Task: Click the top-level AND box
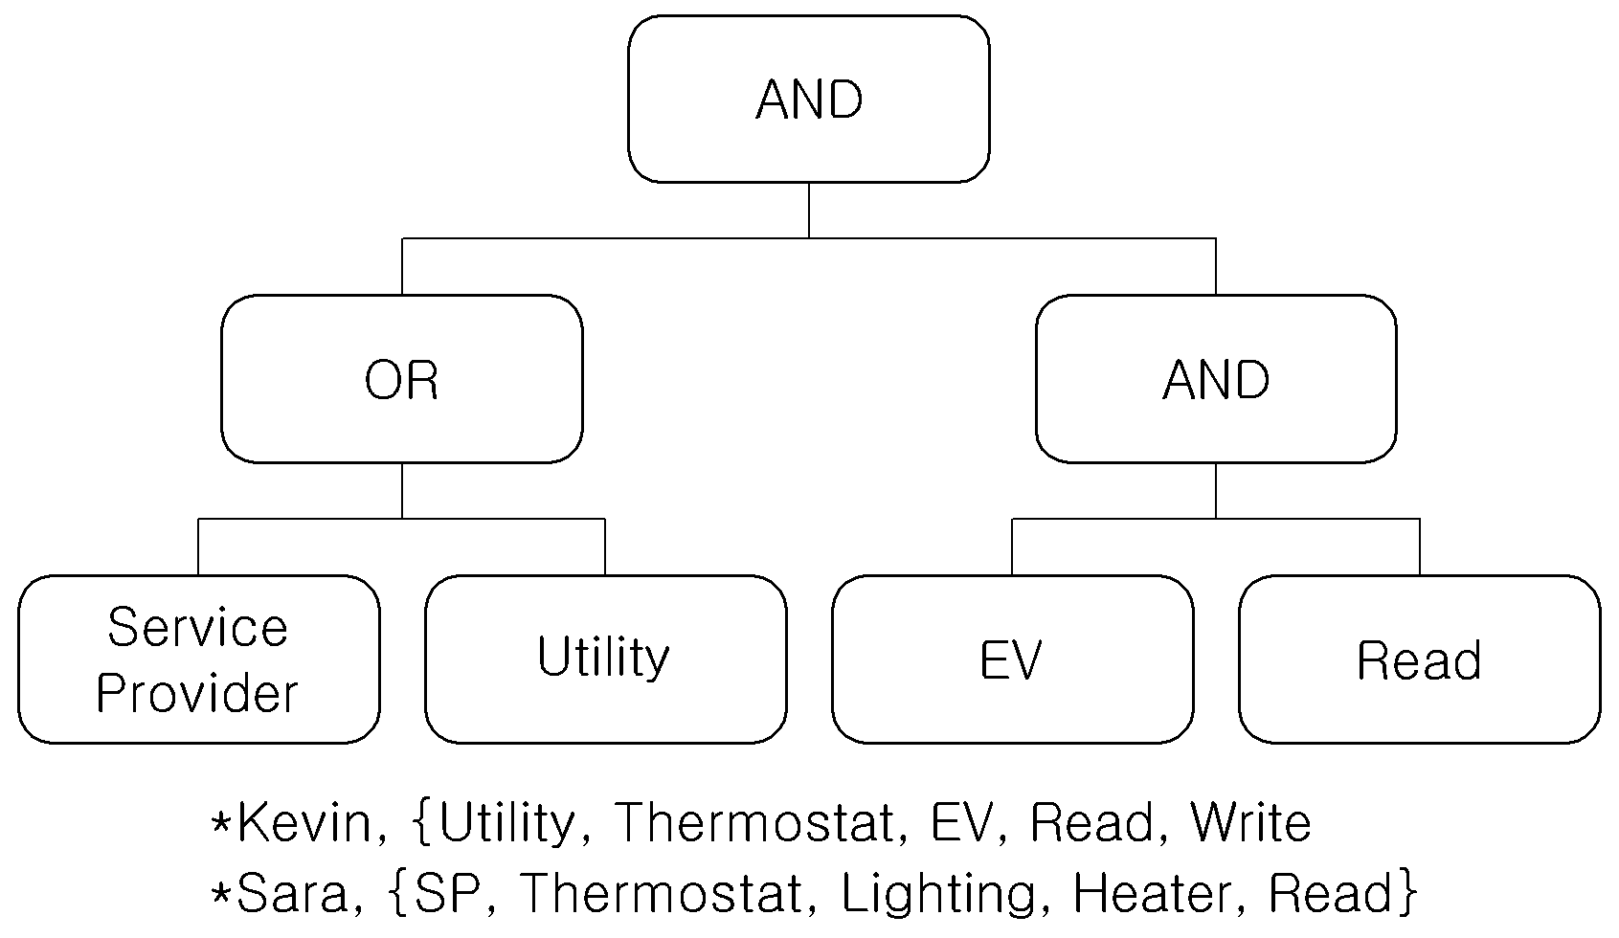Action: pos(809,99)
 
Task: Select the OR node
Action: pos(402,379)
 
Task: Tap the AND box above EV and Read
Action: pos(1217,379)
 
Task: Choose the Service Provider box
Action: pos(199,659)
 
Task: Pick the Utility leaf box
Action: pos(606,659)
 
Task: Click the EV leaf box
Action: pos(1013,659)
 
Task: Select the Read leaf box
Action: pos(1420,659)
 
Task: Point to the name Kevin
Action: pos(311,822)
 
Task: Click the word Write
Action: pos(1250,822)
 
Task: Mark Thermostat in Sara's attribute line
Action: pos(662,893)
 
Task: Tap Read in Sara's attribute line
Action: pos(1331,893)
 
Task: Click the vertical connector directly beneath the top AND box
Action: pos(809,211)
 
